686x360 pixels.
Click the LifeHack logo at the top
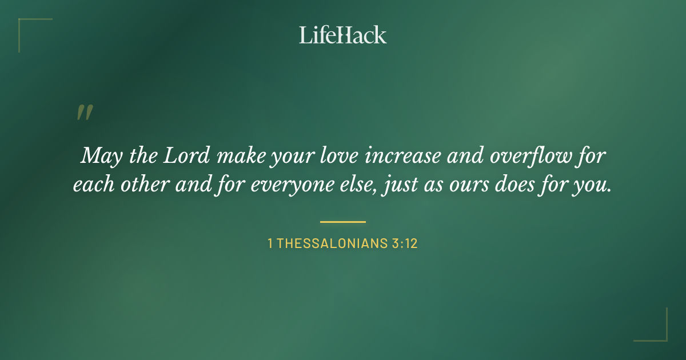343,35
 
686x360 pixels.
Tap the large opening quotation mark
85,113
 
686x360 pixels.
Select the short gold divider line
343,222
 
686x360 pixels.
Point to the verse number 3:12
405,244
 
